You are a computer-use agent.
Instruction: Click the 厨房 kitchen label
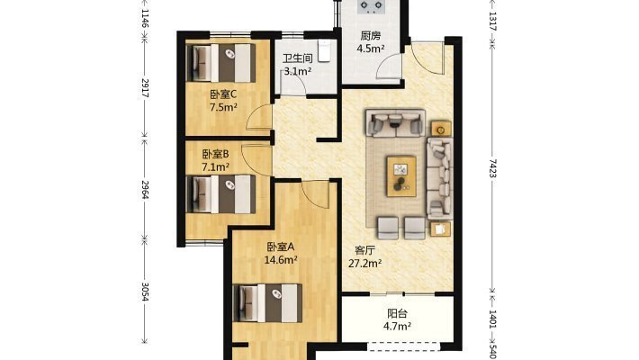coord(371,36)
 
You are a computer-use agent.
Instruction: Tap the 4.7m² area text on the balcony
coord(397,326)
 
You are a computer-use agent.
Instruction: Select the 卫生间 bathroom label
coord(298,58)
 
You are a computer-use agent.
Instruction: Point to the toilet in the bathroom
coord(324,51)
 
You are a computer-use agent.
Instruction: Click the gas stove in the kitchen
coord(371,6)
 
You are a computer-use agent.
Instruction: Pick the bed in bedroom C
coord(220,63)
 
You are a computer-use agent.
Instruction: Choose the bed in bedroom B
coord(220,194)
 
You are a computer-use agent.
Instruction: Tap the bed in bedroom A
coord(267,303)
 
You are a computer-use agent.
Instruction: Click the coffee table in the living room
coord(401,176)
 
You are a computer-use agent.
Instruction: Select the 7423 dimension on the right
coord(492,168)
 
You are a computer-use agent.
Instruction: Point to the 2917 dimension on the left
coord(145,88)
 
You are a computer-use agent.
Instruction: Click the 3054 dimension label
coord(145,292)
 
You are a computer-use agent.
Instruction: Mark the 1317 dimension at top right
coord(492,22)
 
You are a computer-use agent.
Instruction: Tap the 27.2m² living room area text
coord(364,264)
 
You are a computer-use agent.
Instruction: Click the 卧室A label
coord(281,247)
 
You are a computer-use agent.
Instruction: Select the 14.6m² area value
coord(281,260)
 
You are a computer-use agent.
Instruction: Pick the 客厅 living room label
coord(364,250)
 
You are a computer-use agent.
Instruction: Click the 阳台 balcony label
coord(397,313)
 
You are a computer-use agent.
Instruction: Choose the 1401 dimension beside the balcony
coord(492,319)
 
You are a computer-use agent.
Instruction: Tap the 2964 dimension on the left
coord(145,190)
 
